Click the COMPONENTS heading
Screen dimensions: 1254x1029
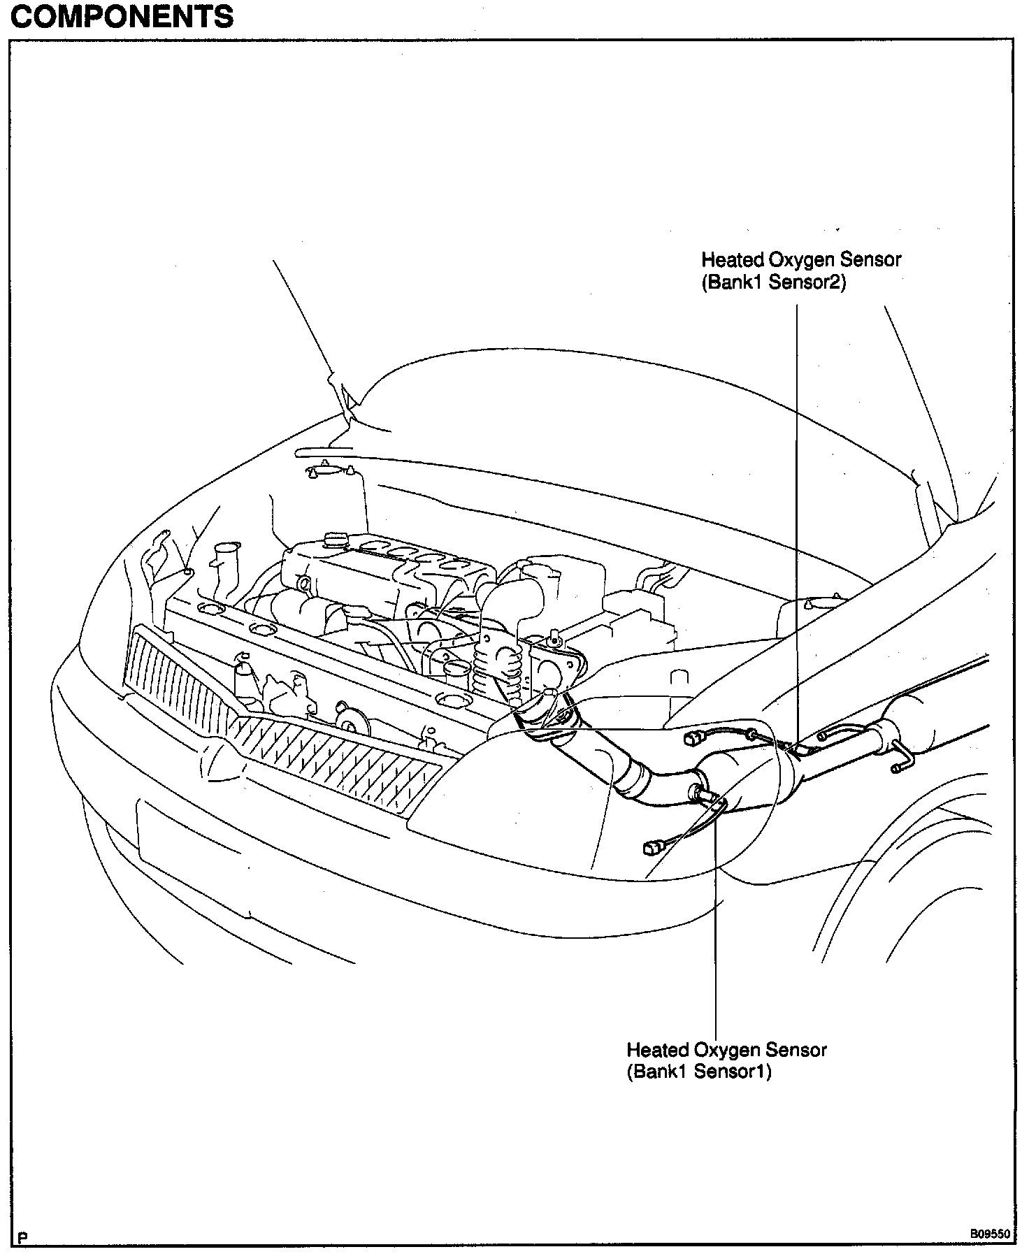[x=122, y=17]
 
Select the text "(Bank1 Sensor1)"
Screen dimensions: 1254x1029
[x=698, y=1072]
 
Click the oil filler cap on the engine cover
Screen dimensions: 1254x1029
[x=335, y=540]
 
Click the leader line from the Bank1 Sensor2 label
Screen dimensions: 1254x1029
[x=797, y=489]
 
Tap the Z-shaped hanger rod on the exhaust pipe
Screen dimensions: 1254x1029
[x=901, y=758]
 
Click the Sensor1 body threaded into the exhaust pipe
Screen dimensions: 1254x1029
[x=701, y=792]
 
